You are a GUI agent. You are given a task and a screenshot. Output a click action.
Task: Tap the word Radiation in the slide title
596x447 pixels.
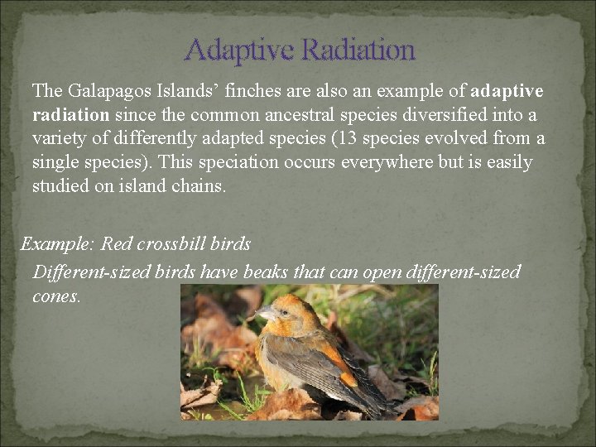(x=358, y=50)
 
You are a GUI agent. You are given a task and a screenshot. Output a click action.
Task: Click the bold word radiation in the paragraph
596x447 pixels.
(x=70, y=114)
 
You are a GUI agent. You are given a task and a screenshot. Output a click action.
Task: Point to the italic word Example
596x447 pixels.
(x=57, y=245)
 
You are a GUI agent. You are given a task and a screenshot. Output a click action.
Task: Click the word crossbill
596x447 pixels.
(x=173, y=245)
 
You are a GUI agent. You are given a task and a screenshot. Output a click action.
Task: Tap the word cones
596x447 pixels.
(x=56, y=296)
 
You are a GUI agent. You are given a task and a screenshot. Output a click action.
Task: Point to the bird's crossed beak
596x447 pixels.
(x=264, y=314)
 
